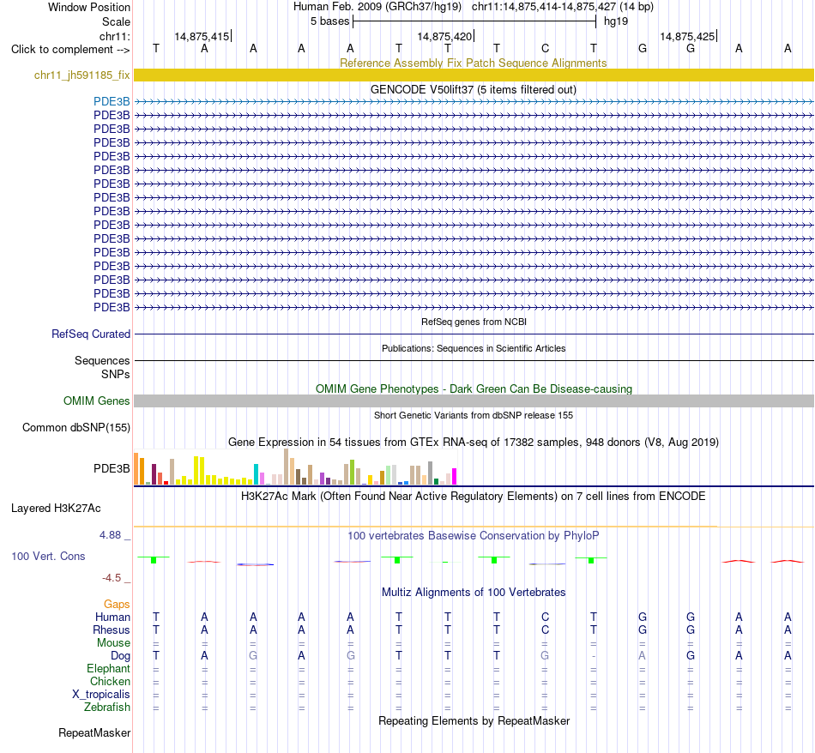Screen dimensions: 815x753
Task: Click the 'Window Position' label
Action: click(89, 7)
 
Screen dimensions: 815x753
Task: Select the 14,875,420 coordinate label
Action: click(444, 36)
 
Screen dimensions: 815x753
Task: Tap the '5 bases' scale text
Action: click(330, 21)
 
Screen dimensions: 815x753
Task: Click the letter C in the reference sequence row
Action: click(545, 48)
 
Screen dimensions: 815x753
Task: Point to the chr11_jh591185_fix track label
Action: click(82, 75)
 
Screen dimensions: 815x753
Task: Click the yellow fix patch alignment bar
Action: click(474, 75)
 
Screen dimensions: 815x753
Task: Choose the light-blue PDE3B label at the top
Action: click(112, 101)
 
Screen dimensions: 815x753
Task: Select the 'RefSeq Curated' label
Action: click(91, 334)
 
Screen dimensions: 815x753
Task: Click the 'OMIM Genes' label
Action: click(97, 401)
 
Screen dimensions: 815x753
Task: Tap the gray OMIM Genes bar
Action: click(474, 401)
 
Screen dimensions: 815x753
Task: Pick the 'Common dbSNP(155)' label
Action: click(76, 427)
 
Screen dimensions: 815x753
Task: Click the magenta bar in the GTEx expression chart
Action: click(455, 477)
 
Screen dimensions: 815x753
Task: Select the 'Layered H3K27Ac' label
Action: click(56, 508)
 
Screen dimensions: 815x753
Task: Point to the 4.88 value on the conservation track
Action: click(110, 535)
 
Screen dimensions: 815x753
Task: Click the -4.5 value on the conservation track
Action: click(112, 577)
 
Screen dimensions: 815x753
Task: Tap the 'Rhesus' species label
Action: click(112, 630)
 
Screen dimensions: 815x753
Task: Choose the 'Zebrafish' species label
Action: click(107, 707)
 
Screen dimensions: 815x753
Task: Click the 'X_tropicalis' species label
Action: click(101, 695)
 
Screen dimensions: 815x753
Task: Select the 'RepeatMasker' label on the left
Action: click(94, 732)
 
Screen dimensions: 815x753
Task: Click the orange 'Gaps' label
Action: click(117, 604)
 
